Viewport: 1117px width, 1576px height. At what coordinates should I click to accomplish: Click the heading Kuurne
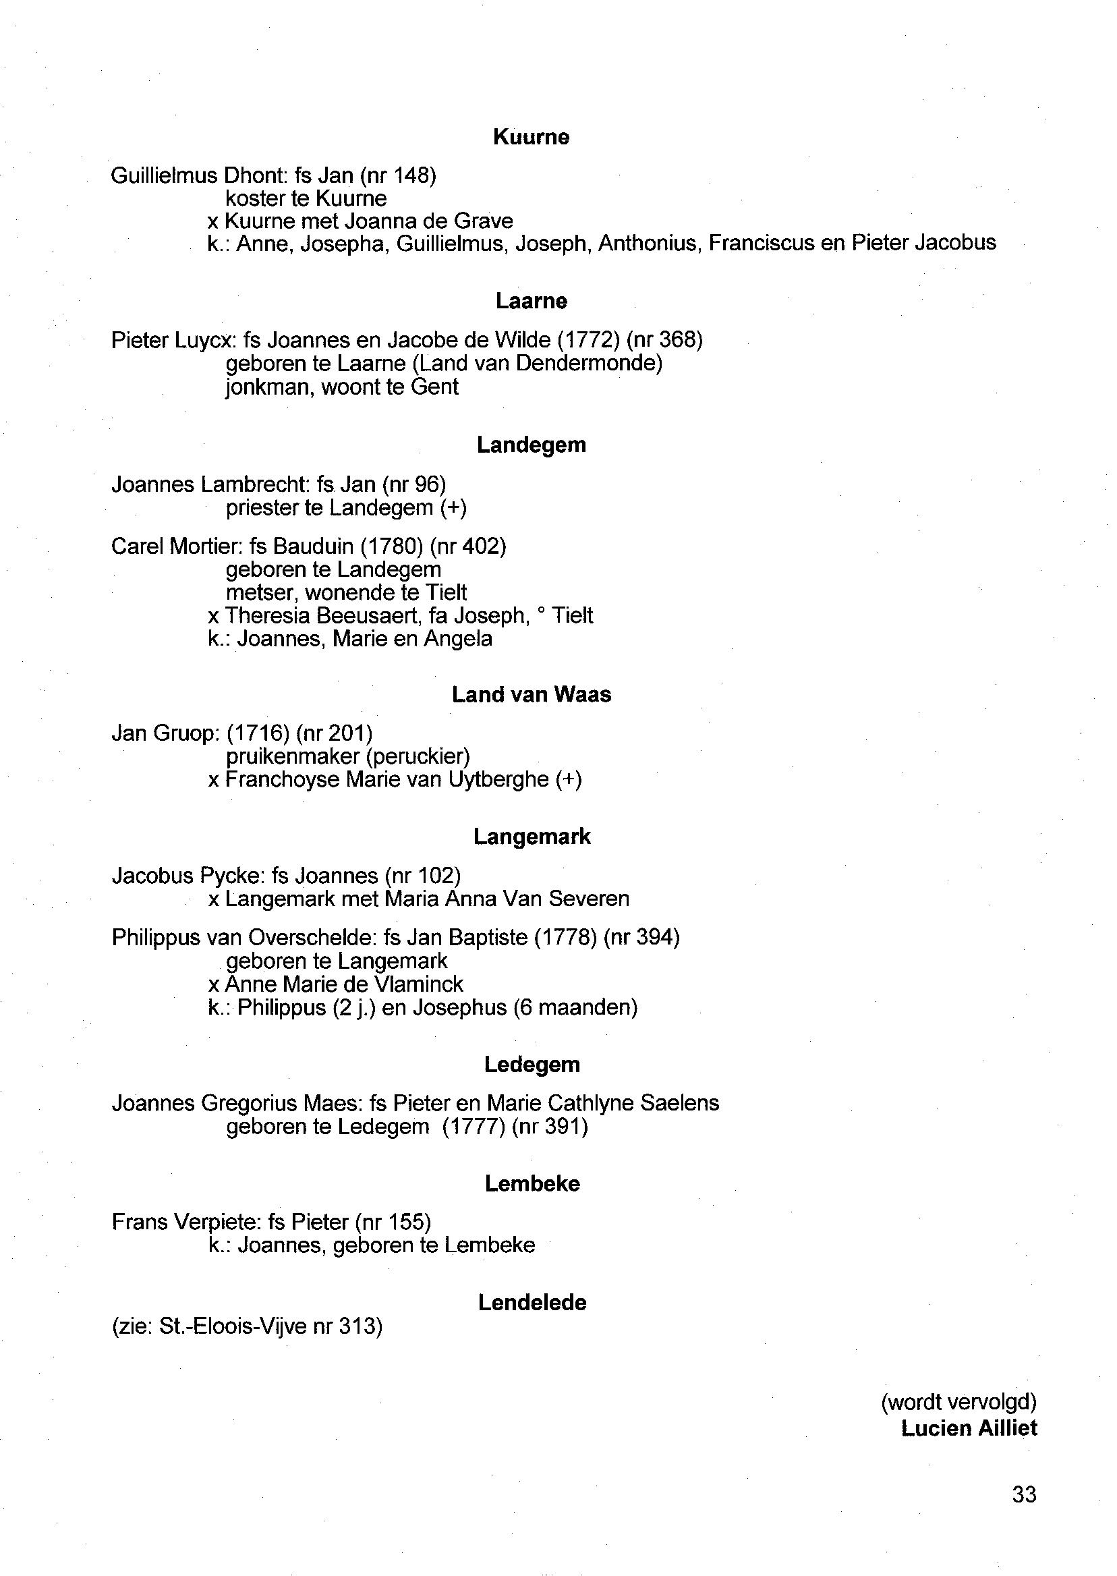pos(531,137)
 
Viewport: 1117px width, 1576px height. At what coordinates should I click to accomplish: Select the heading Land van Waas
pos(531,694)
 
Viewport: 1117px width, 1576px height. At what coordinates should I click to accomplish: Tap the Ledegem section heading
pos(532,1064)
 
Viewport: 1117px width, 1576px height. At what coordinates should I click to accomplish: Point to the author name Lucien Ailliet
pos(969,1428)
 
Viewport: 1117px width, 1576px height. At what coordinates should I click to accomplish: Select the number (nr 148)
pos(397,176)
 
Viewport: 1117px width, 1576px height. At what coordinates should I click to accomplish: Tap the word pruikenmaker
pos(293,757)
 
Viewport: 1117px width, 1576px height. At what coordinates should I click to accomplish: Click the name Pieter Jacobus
pos(923,243)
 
